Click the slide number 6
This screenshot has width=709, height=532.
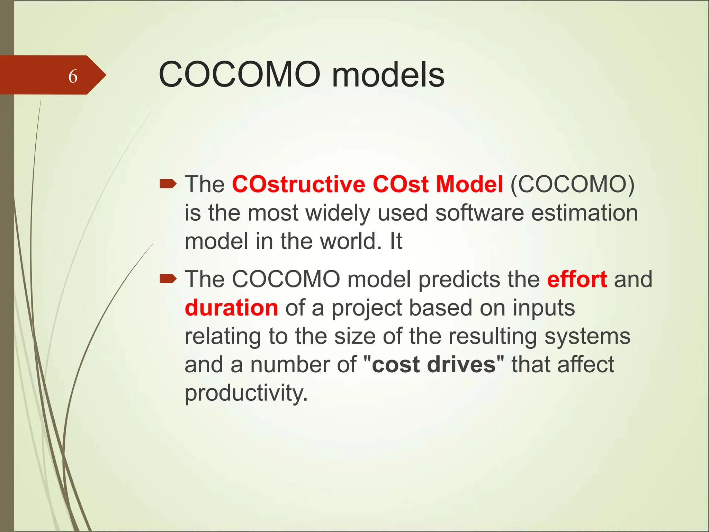point(73,76)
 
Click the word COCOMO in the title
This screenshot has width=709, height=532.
point(239,74)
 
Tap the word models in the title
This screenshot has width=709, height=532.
point(388,74)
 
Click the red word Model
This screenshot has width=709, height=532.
point(469,184)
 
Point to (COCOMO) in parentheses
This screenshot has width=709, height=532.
point(572,184)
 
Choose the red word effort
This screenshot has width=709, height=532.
point(577,279)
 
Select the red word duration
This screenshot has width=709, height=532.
point(231,308)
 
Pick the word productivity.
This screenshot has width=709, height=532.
point(246,393)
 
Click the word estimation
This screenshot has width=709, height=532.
point(584,213)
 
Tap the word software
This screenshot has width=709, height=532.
point(479,213)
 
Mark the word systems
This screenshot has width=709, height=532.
point(587,337)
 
